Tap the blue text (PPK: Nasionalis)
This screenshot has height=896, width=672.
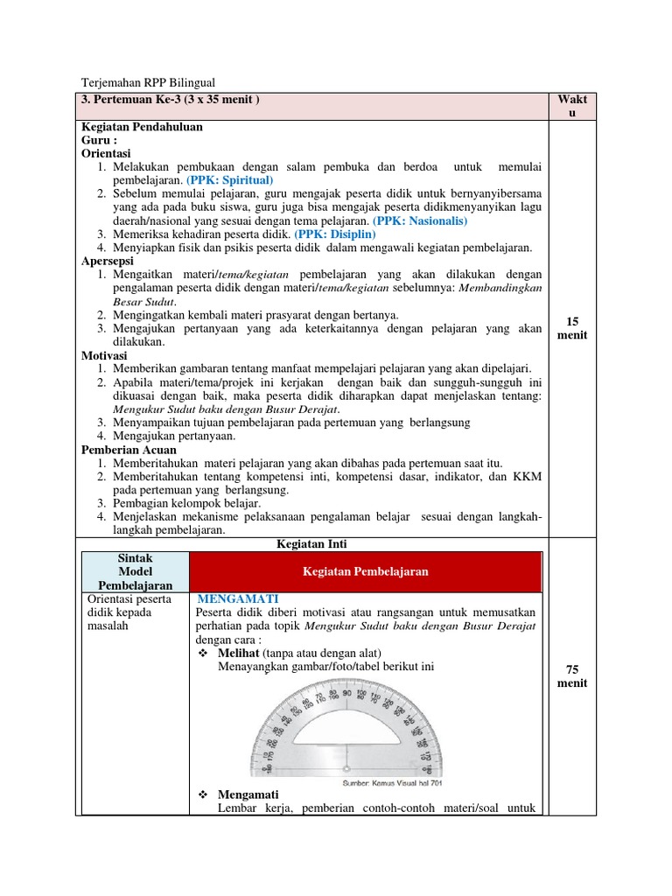420,220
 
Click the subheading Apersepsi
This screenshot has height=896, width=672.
110,261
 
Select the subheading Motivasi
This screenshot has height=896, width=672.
104,355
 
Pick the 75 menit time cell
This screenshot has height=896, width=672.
571,676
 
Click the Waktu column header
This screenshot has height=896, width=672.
571,106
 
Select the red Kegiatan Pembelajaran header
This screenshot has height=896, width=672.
365,571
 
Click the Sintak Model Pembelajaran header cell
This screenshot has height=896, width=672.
135,570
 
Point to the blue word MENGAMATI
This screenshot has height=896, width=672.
238,598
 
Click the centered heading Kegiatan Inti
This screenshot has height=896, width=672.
311,543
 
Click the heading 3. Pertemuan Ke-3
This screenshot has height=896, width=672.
171,100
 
